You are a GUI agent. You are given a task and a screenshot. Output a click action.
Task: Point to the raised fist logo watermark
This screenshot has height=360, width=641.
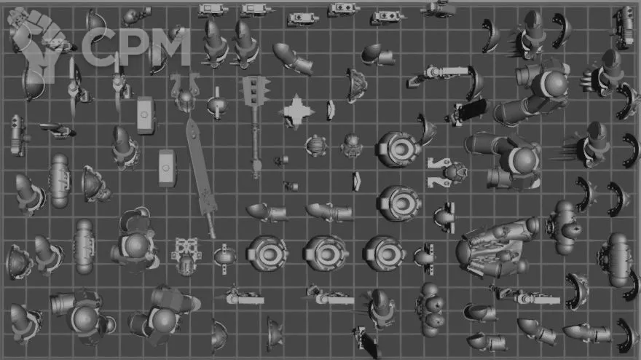pyautogui.click(x=38, y=45)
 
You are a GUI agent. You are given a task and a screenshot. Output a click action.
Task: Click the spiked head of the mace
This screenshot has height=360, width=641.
pyautogui.click(x=255, y=91)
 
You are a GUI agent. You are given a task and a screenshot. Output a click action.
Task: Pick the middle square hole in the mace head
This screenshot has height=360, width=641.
pyautogui.click(x=254, y=91)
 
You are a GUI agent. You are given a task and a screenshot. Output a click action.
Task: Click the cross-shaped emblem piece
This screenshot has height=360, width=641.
pyautogui.click(x=296, y=111)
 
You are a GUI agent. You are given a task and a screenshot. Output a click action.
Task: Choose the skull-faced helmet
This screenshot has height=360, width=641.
pyautogui.click(x=351, y=145)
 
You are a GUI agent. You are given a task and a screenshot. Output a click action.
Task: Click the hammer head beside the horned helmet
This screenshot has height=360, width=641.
pyautogui.click(x=145, y=115)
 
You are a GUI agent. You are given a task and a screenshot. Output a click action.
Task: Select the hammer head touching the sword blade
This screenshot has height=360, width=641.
pyautogui.click(x=167, y=168)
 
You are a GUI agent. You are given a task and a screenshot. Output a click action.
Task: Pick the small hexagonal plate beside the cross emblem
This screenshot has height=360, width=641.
pyautogui.click(x=330, y=110)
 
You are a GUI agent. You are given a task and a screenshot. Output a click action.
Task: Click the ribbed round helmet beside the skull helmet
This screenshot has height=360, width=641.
pyautogui.click(x=315, y=146)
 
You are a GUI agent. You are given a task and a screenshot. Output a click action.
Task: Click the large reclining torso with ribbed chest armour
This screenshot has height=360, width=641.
pyautogui.click(x=497, y=249)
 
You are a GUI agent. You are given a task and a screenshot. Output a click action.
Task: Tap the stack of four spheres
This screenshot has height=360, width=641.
pyautogui.click(x=430, y=309)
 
